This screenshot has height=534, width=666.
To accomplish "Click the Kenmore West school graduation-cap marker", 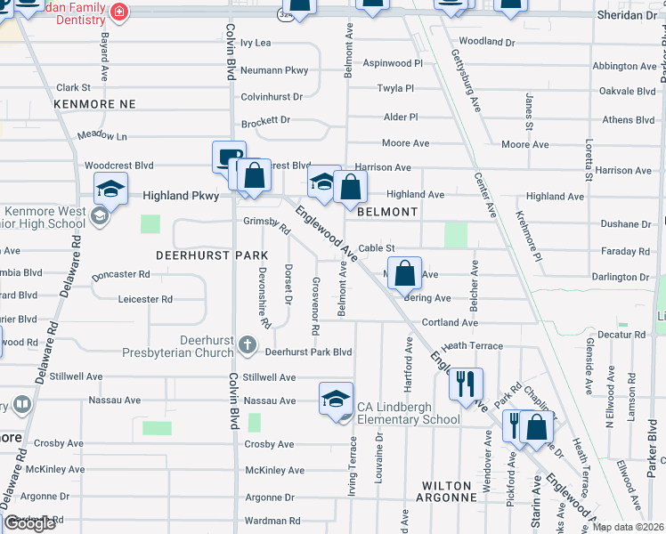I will pyautogui.click(x=110, y=188).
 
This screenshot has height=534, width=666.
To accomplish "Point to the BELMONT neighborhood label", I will pyautogui.click(x=387, y=212).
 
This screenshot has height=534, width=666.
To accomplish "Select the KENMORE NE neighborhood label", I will pyautogui.click(x=94, y=104).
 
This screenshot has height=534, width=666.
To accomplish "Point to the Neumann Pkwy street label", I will pyautogui.click(x=274, y=69).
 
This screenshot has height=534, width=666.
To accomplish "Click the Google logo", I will pyautogui.click(x=29, y=523).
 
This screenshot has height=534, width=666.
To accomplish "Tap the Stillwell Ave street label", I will pyautogui.click(x=269, y=377).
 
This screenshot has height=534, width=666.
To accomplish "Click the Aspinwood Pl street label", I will pyautogui.click(x=393, y=63).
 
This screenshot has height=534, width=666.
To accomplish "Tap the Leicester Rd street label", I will pyautogui.click(x=145, y=300).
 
